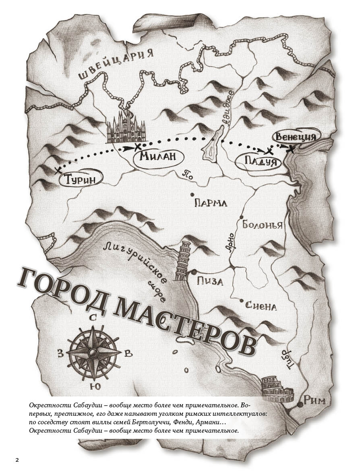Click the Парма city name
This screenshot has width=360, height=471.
[211, 203]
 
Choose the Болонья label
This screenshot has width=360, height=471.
[262, 225]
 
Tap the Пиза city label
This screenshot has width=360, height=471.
[210, 281]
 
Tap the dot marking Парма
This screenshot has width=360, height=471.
[193, 195]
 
